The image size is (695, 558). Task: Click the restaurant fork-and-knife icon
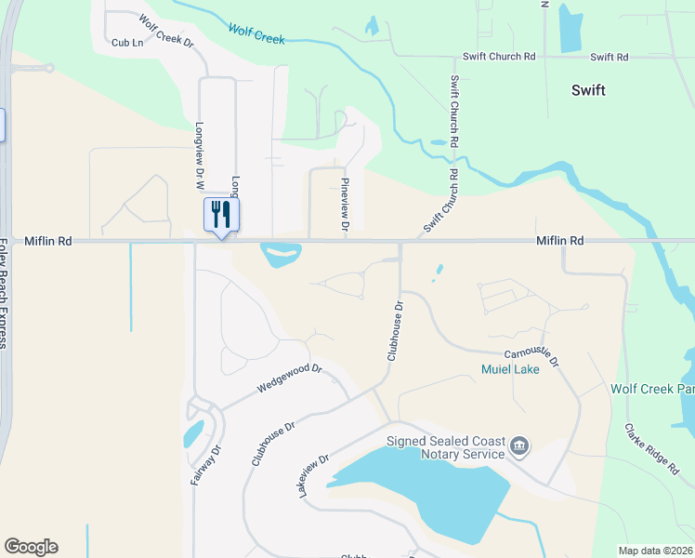[x=221, y=215]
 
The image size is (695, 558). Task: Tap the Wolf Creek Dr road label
[x=166, y=31]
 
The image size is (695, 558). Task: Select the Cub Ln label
[x=127, y=43]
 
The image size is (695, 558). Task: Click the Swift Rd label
[x=610, y=57]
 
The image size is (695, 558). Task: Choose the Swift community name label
[x=588, y=90]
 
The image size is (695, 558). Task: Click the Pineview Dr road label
[x=344, y=205]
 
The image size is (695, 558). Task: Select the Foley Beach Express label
[x=4, y=293]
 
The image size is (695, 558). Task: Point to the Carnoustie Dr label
[x=531, y=357]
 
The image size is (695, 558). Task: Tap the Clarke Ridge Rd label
[x=651, y=449]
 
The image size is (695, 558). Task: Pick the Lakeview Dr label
[x=315, y=475]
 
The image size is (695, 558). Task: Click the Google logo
[x=31, y=547]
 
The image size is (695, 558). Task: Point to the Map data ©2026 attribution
[x=656, y=551]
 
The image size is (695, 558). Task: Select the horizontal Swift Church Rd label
[x=499, y=57]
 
